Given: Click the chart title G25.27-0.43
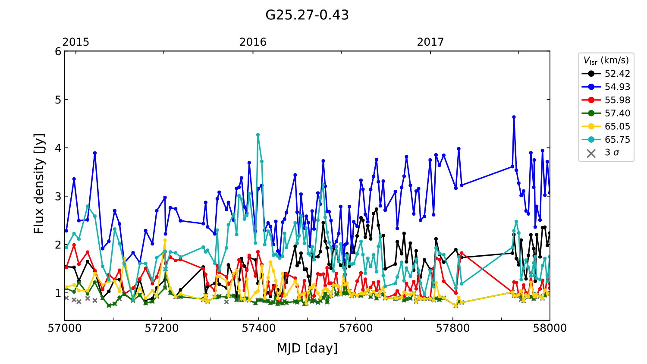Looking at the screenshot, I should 307,15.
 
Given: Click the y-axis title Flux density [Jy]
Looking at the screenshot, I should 39,184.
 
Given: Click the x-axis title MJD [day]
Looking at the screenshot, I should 307,348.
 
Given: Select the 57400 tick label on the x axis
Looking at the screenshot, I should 259,328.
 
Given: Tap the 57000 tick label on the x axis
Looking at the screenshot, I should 65,328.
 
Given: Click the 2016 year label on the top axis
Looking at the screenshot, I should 253,42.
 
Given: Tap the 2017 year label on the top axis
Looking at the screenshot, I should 430,42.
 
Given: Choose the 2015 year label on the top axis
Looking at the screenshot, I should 76,42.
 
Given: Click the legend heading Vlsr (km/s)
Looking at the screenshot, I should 606,60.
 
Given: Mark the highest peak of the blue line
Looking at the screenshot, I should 514,117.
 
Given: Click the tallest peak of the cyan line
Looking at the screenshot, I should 258,135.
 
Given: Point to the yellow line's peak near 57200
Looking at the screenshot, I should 164,240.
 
